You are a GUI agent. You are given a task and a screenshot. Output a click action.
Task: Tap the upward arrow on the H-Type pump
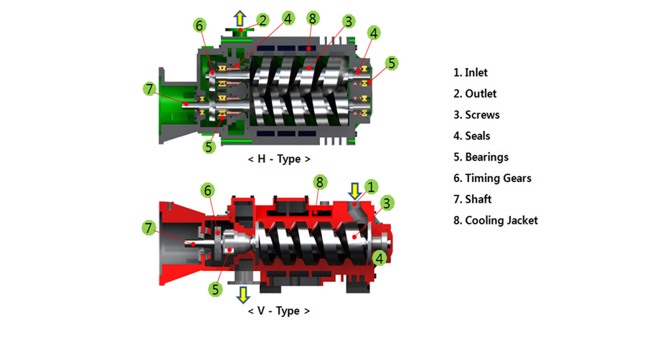coord(242,18)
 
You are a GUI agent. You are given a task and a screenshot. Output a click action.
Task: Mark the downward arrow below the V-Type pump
coord(243,294)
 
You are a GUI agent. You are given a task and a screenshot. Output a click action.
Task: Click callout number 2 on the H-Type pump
coord(263,19)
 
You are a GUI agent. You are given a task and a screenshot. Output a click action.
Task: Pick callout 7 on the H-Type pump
coord(149,90)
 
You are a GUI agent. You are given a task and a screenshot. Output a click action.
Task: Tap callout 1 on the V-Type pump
coord(371,186)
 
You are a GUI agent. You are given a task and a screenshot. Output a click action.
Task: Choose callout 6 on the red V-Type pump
coord(208,190)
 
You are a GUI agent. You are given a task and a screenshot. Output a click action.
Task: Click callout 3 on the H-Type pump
coord(348,22)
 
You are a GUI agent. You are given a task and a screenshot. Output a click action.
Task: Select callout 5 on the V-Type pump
coord(214,290)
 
